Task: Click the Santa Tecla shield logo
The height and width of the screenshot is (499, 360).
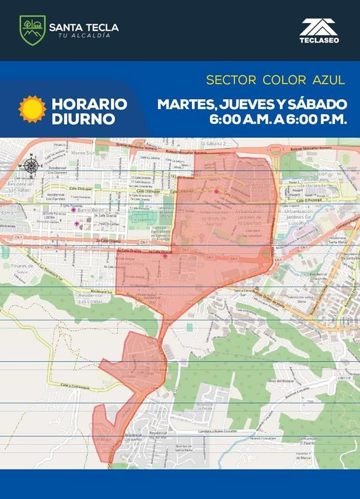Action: (x=32, y=30)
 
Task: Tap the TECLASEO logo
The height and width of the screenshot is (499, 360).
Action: (x=319, y=31)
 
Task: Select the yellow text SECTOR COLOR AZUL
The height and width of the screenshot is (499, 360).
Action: (x=275, y=80)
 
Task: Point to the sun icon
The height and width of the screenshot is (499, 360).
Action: (x=32, y=109)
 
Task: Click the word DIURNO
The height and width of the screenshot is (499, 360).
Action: (x=83, y=119)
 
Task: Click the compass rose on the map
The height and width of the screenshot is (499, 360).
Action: (x=31, y=166)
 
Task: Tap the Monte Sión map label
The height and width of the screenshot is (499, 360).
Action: (x=84, y=153)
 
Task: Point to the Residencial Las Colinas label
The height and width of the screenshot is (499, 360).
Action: (x=91, y=299)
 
